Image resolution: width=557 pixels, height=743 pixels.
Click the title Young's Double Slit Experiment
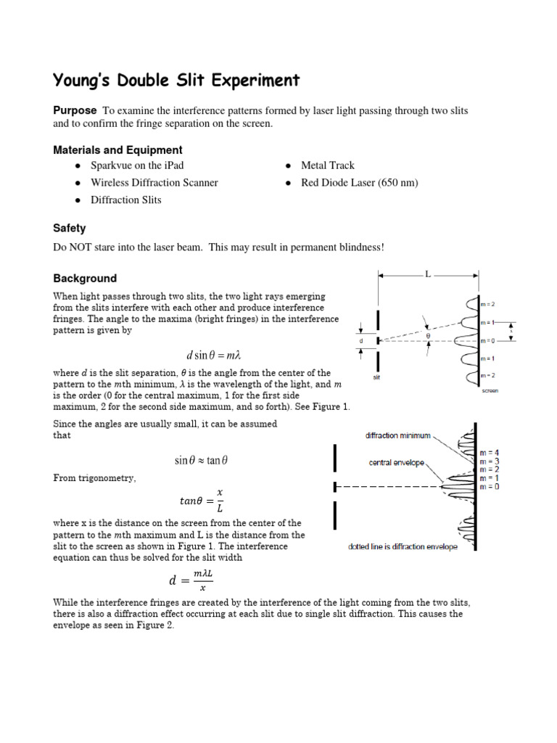176,80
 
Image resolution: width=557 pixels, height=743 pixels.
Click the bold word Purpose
75,110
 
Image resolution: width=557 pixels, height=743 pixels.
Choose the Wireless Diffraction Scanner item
154,183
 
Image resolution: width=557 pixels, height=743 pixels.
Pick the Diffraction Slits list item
126,200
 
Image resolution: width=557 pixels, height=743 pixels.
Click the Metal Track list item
328,166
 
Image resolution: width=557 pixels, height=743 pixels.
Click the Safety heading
70,228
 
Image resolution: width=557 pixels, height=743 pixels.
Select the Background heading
85,279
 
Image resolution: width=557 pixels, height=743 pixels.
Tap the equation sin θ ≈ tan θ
206,460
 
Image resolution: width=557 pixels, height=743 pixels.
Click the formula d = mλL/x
191,580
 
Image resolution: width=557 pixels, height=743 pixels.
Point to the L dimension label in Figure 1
429,274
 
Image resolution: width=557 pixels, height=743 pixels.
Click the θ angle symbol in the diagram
428,336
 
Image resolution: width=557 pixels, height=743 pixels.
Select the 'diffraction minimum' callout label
397,436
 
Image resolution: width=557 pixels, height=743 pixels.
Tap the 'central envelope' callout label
397,462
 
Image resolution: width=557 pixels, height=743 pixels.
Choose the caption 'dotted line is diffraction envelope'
403,547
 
